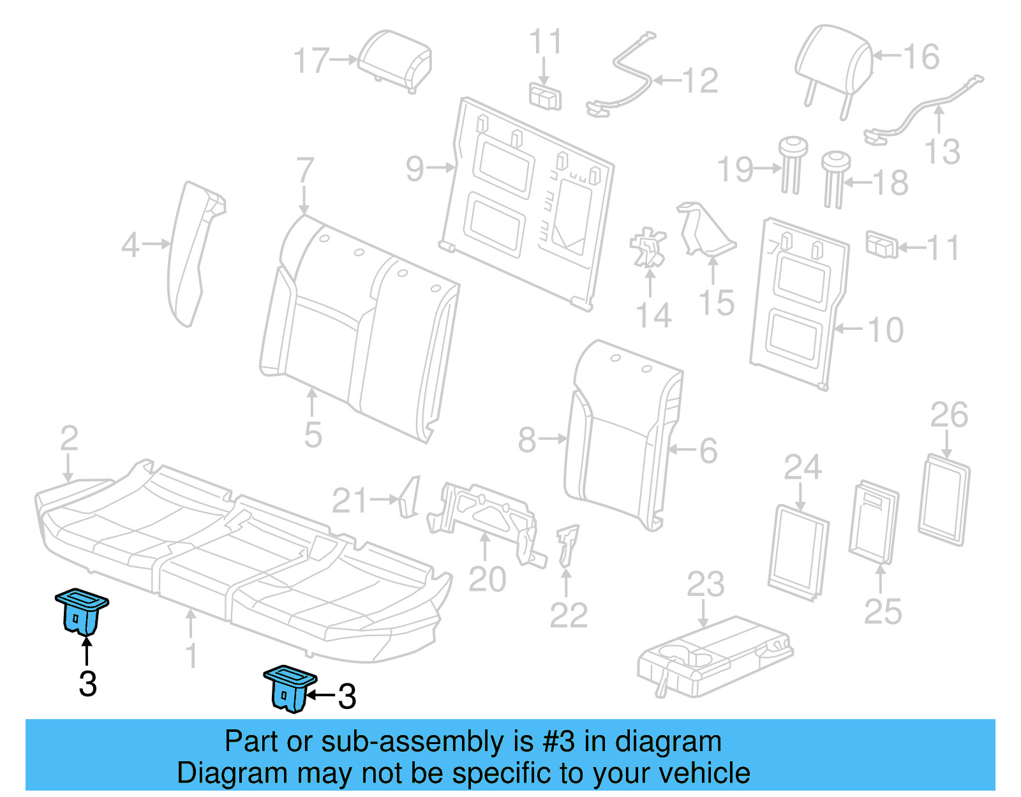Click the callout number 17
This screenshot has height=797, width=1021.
pyautogui.click(x=311, y=61)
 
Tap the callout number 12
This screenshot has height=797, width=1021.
pyautogui.click(x=700, y=81)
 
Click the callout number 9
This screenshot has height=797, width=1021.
pyautogui.click(x=415, y=168)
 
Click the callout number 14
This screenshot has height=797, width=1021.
pyautogui.click(x=654, y=315)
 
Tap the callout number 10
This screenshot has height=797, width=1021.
pyautogui.click(x=886, y=330)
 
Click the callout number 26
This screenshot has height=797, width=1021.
pyautogui.click(x=949, y=415)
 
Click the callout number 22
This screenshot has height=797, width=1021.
pyautogui.click(x=569, y=615)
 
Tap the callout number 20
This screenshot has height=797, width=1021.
pyautogui.click(x=487, y=579)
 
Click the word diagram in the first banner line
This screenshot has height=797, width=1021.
pyautogui.click(x=668, y=741)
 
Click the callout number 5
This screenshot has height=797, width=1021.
pyautogui.click(x=313, y=435)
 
